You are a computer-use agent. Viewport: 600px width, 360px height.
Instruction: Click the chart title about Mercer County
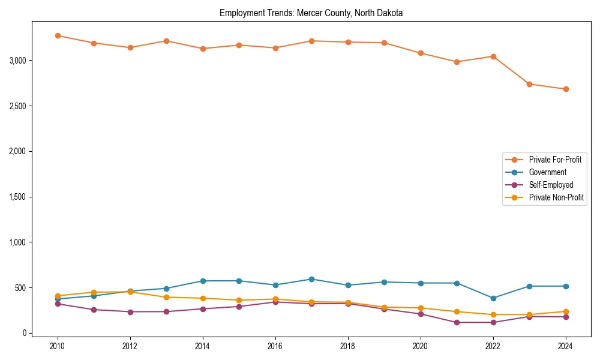[311, 13]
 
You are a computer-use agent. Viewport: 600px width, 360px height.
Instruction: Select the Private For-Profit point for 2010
[58, 35]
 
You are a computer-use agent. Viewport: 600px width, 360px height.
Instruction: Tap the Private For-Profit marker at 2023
[529, 84]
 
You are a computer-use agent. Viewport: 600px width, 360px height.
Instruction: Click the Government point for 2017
[311, 279]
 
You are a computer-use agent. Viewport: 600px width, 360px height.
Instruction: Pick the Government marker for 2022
[493, 298]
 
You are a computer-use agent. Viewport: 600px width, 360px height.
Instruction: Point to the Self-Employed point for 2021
[457, 322]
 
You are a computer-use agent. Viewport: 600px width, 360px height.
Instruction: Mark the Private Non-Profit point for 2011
[94, 292]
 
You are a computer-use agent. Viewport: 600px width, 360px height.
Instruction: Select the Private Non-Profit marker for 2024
[566, 311]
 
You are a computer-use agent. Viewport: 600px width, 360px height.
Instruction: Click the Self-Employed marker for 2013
[166, 311]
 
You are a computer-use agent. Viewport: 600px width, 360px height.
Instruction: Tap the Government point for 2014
[203, 281]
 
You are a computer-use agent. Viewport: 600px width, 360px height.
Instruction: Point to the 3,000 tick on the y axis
[18, 61]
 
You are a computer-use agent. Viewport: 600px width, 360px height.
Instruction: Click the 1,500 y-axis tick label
[18, 197]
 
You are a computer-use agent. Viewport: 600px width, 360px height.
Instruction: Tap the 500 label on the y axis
[21, 288]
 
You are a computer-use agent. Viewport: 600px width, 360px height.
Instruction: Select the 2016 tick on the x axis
[275, 346]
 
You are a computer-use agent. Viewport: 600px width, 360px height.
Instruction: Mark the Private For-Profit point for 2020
[421, 53]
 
